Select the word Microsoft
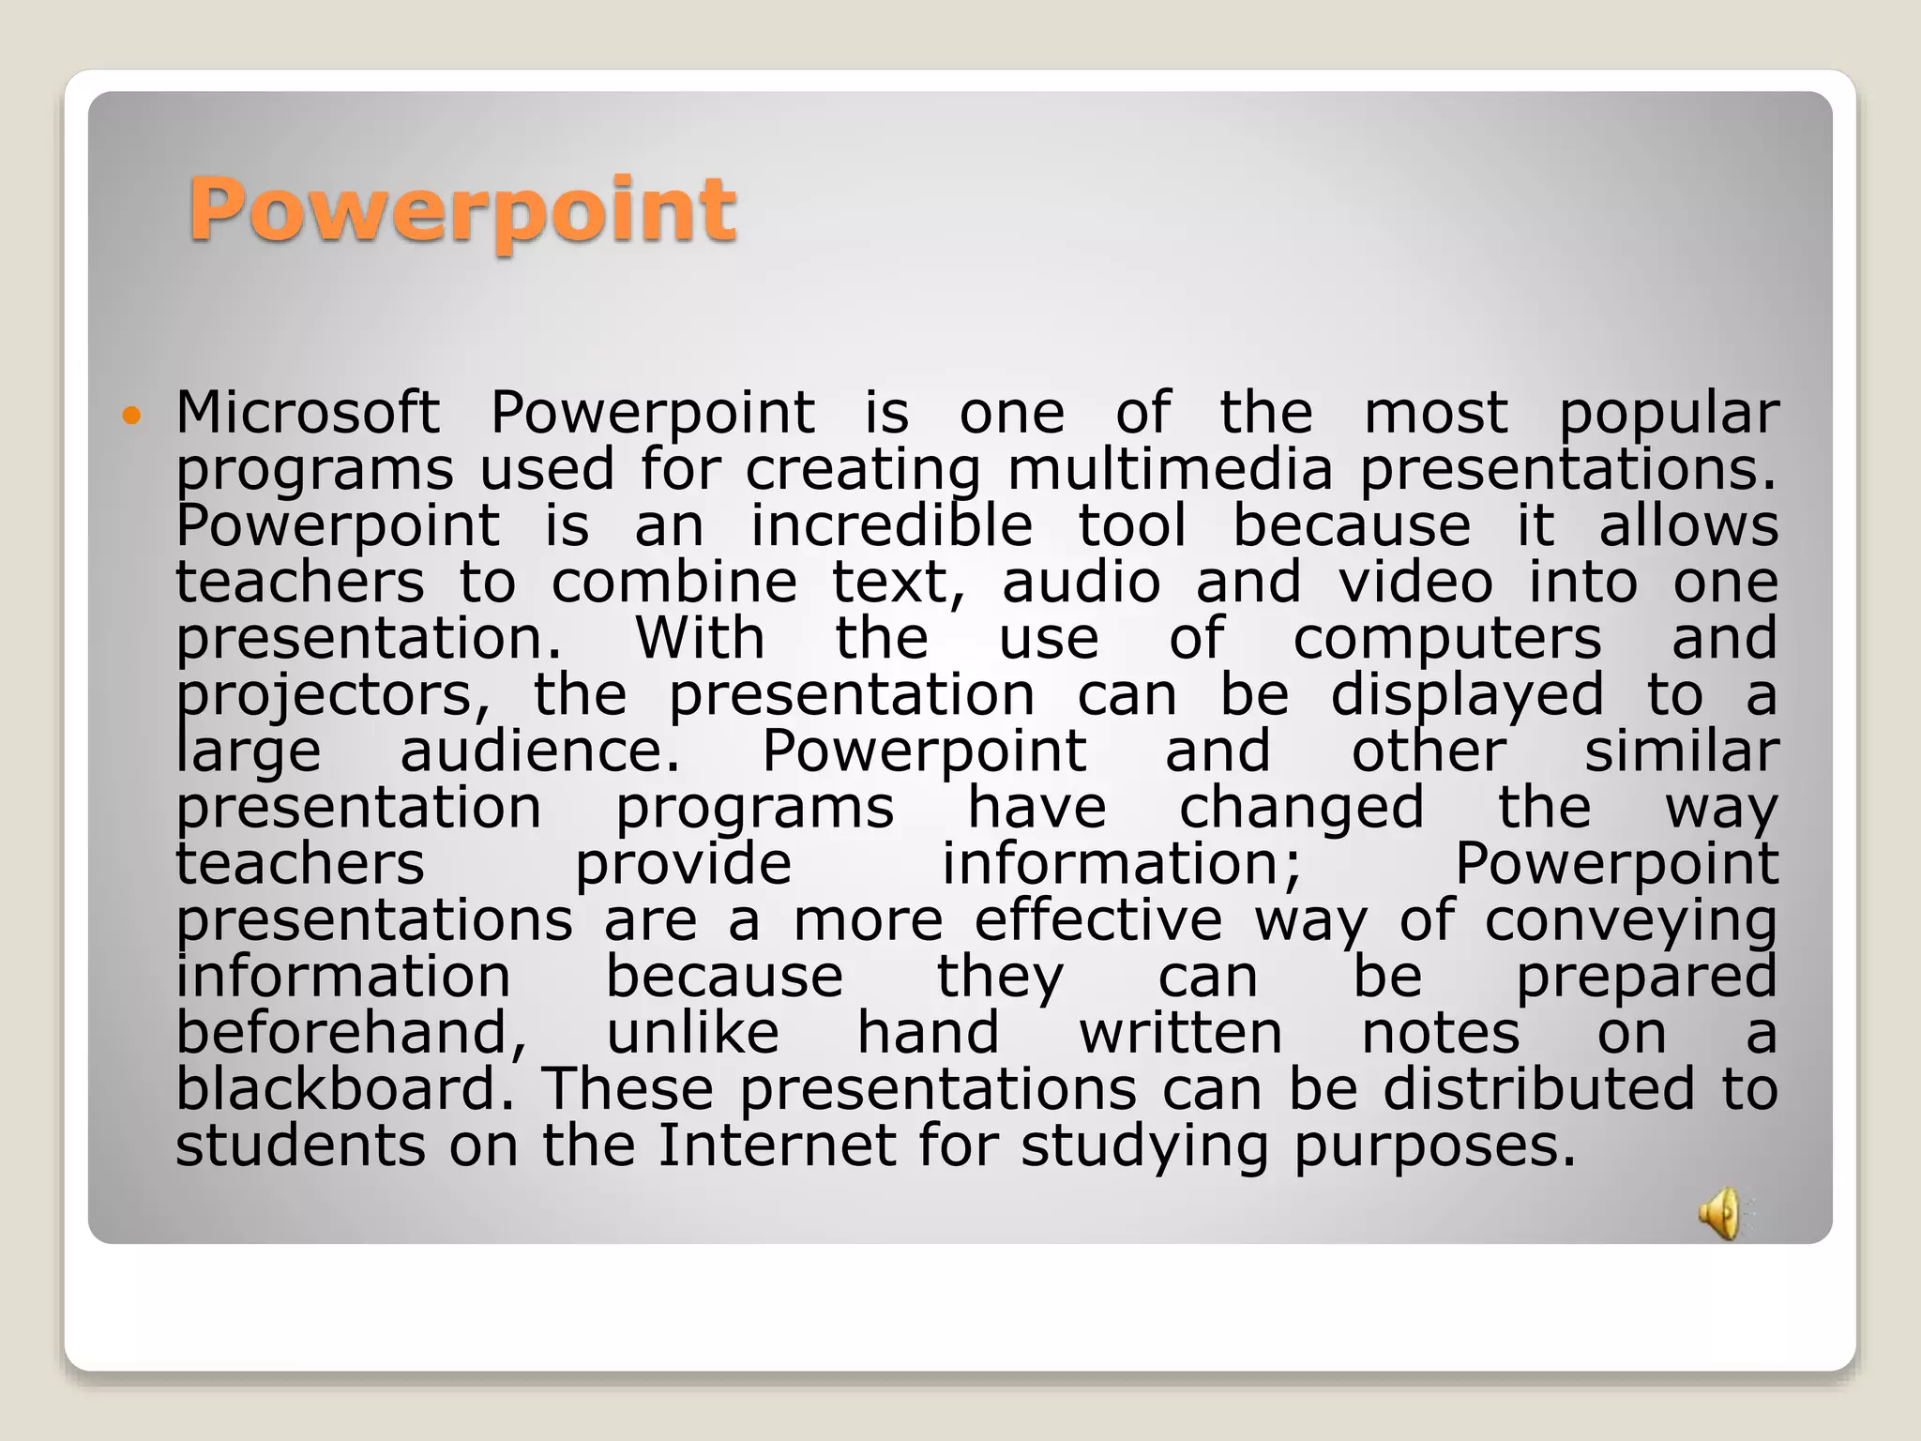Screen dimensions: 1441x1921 click(x=308, y=413)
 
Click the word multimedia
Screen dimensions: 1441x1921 click(x=1169, y=469)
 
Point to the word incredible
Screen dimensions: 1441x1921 click(x=891, y=525)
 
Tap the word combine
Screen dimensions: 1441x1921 click(x=673, y=583)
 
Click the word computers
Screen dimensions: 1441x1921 click(x=1447, y=639)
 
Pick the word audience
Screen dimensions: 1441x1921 click(x=539, y=751)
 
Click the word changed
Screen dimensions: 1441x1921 click(x=1301, y=809)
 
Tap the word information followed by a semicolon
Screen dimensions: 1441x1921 click(x=1122, y=864)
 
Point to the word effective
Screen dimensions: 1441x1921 click(x=1097, y=920)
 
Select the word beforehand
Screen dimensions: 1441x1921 click(x=352, y=1034)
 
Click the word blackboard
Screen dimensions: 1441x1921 click(x=351, y=1090)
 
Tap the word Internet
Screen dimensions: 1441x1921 click(x=777, y=1146)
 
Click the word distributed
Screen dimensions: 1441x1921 click(x=1538, y=1090)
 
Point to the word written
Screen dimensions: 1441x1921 click(x=1180, y=1034)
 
